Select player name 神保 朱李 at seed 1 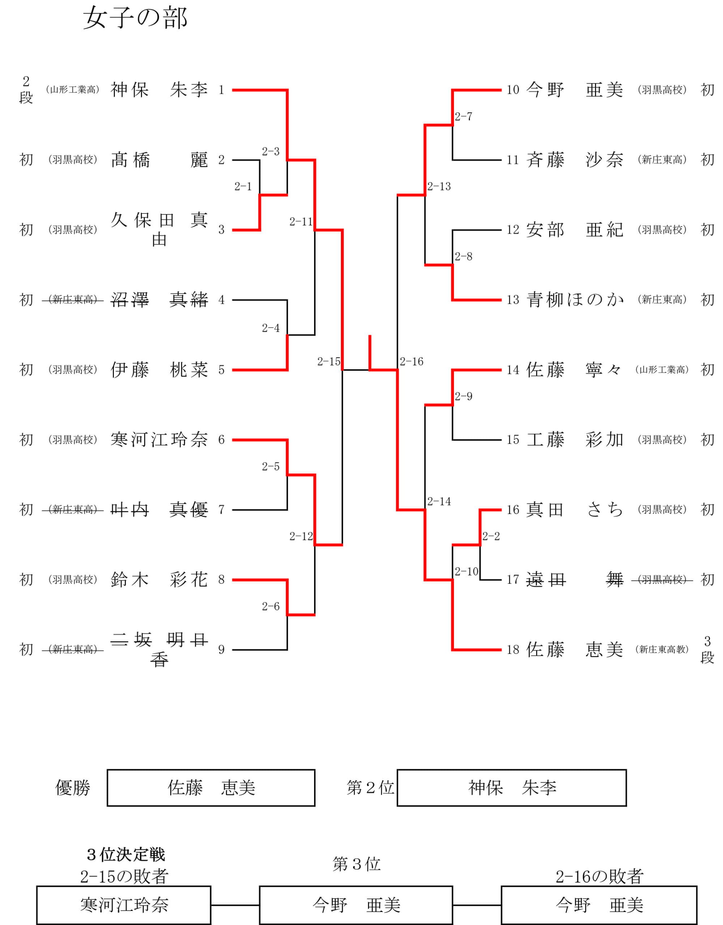pyautogui.click(x=159, y=90)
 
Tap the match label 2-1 pyautogui.click(x=243, y=186)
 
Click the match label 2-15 pyautogui.click(x=329, y=361)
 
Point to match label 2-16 pyautogui.click(x=411, y=361)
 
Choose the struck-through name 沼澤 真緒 pyautogui.click(x=159, y=300)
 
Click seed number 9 pyautogui.click(x=221, y=650)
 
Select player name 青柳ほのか pyautogui.click(x=575, y=300)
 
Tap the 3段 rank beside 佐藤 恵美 pyautogui.click(x=707, y=649)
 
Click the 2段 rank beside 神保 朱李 pyautogui.click(x=26, y=89)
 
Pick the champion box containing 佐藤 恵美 pyautogui.click(x=211, y=788)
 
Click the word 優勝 pyautogui.click(x=73, y=788)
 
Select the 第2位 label pyautogui.click(x=371, y=788)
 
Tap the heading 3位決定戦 pyautogui.click(x=126, y=854)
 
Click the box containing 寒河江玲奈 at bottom pyautogui.click(x=124, y=905)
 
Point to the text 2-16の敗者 pyautogui.click(x=600, y=876)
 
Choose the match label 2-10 pyautogui.click(x=467, y=571)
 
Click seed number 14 pyautogui.click(x=513, y=370)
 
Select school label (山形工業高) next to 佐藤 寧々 pyautogui.click(x=662, y=370)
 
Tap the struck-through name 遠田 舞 pyautogui.click(x=575, y=580)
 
